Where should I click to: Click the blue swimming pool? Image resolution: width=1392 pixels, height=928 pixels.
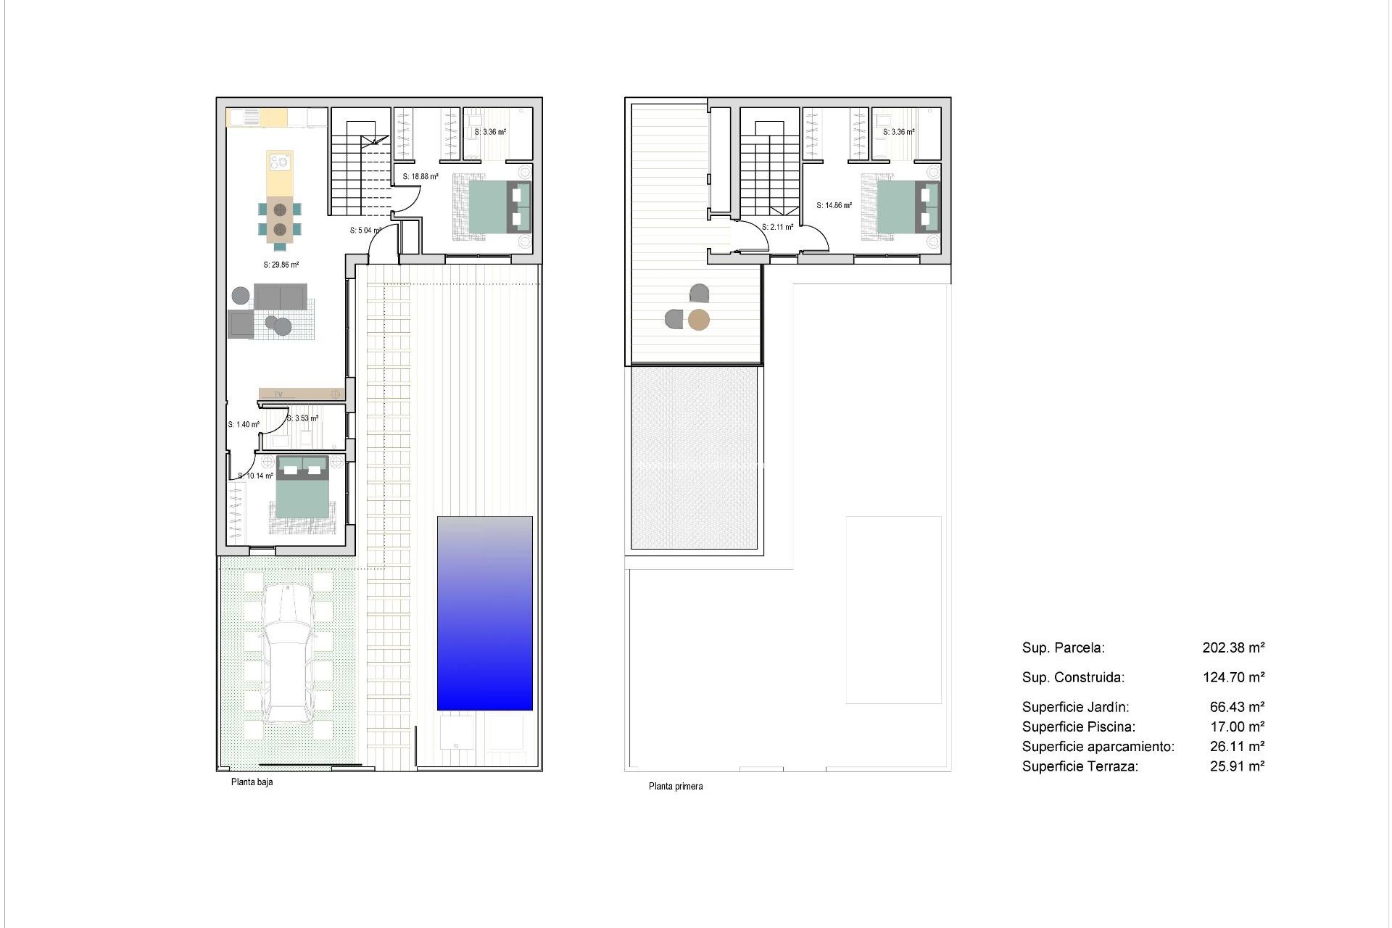[484, 613]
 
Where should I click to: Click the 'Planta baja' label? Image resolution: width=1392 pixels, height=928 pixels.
[252, 782]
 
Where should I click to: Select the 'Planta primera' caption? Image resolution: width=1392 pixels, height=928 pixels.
[675, 786]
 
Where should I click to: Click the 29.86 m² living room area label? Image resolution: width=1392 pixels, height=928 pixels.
[281, 265]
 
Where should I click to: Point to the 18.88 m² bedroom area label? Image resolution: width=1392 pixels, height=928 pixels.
[420, 176]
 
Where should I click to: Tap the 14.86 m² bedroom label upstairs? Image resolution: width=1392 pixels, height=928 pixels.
[834, 205]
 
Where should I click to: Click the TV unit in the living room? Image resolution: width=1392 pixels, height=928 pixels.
[302, 394]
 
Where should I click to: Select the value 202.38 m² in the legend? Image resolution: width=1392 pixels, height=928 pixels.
[1233, 647]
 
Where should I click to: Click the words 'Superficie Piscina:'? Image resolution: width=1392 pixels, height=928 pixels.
[1078, 726]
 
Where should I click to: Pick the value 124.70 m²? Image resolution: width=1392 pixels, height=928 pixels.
[1233, 677]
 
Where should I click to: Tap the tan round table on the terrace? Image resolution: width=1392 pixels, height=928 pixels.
[698, 320]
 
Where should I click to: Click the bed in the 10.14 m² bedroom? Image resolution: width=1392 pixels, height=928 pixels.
[302, 493]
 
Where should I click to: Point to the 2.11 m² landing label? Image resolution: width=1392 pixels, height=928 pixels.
[777, 227]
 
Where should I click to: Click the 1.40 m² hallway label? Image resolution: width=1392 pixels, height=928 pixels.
[244, 425]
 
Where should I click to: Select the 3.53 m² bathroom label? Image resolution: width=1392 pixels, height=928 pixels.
[302, 418]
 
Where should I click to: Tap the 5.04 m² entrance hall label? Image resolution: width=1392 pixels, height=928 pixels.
[365, 231]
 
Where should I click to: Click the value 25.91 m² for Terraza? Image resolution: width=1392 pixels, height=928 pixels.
[1237, 766]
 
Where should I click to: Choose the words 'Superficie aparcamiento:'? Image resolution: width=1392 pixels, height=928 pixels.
[1098, 746]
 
